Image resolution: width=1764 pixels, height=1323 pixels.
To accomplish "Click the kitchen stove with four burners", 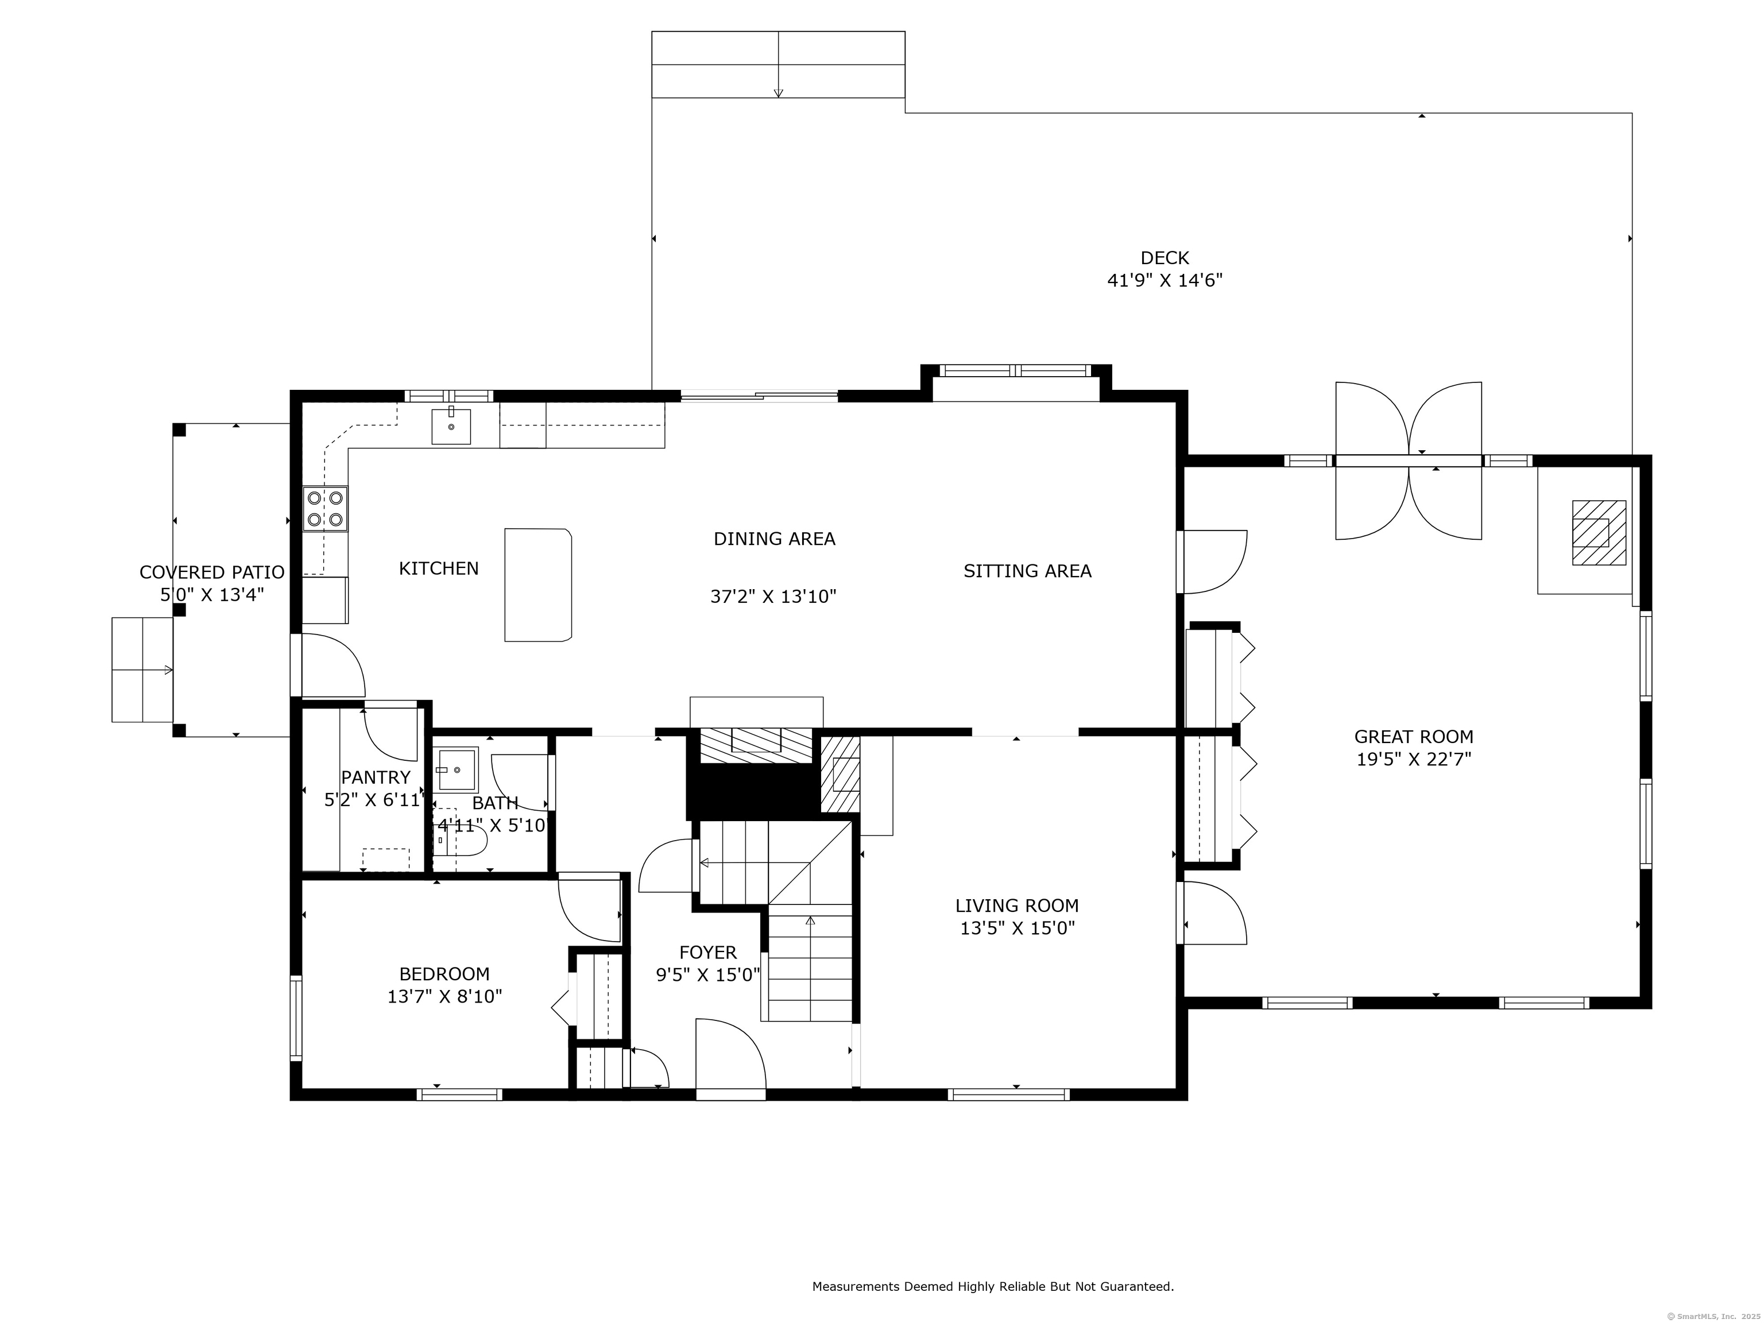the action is click(x=326, y=509).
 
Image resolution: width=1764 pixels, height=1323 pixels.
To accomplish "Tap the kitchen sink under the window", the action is click(x=451, y=426).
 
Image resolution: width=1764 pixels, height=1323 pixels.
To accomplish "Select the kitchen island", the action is click(x=538, y=585).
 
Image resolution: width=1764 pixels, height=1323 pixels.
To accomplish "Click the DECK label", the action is click(x=1165, y=258).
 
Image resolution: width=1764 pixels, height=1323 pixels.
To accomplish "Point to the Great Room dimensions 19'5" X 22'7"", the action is click(x=1414, y=759).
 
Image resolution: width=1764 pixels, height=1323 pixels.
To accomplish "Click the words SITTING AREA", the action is click(x=1027, y=571).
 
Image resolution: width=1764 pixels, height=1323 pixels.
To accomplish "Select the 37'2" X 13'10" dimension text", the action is click(x=773, y=597).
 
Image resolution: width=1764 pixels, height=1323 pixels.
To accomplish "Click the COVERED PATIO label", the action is click(x=212, y=572).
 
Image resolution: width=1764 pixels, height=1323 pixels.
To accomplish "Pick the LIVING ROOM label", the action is click(x=1017, y=906).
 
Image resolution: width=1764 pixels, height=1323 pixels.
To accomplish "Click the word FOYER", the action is click(x=708, y=952).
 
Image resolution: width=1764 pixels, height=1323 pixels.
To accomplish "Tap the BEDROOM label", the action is click(x=444, y=974).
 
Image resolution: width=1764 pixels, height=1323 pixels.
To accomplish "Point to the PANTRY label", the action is click(x=376, y=777).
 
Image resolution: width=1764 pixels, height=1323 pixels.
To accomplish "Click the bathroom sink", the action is click(x=458, y=769).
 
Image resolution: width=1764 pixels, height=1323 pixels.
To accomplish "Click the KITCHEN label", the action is click(x=439, y=568).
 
